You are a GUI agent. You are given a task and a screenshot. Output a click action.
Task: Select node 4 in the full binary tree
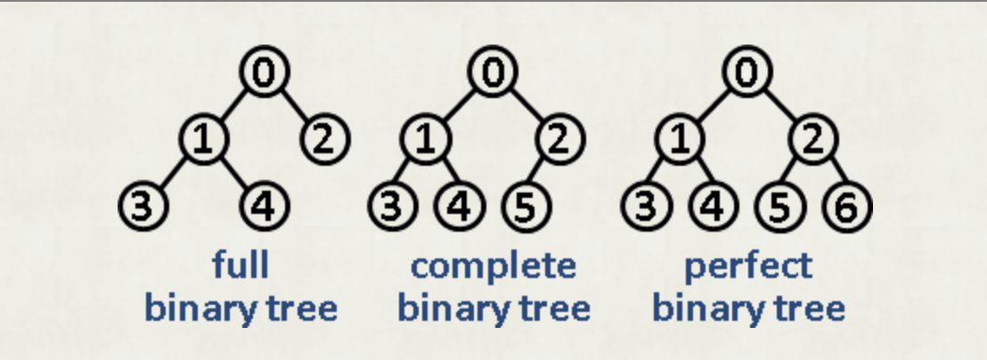(x=265, y=206)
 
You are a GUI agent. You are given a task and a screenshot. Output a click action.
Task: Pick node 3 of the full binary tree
(x=143, y=206)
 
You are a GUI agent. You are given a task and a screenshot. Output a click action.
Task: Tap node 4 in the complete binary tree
(x=460, y=206)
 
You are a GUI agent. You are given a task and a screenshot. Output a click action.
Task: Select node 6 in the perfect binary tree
(x=848, y=206)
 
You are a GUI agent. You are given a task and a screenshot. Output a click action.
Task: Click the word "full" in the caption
(x=241, y=266)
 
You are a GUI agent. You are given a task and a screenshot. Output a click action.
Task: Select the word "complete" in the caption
(x=493, y=266)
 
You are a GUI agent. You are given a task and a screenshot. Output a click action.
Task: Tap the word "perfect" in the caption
(x=747, y=266)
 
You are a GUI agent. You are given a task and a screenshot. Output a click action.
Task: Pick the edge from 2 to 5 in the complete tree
(x=542, y=172)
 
